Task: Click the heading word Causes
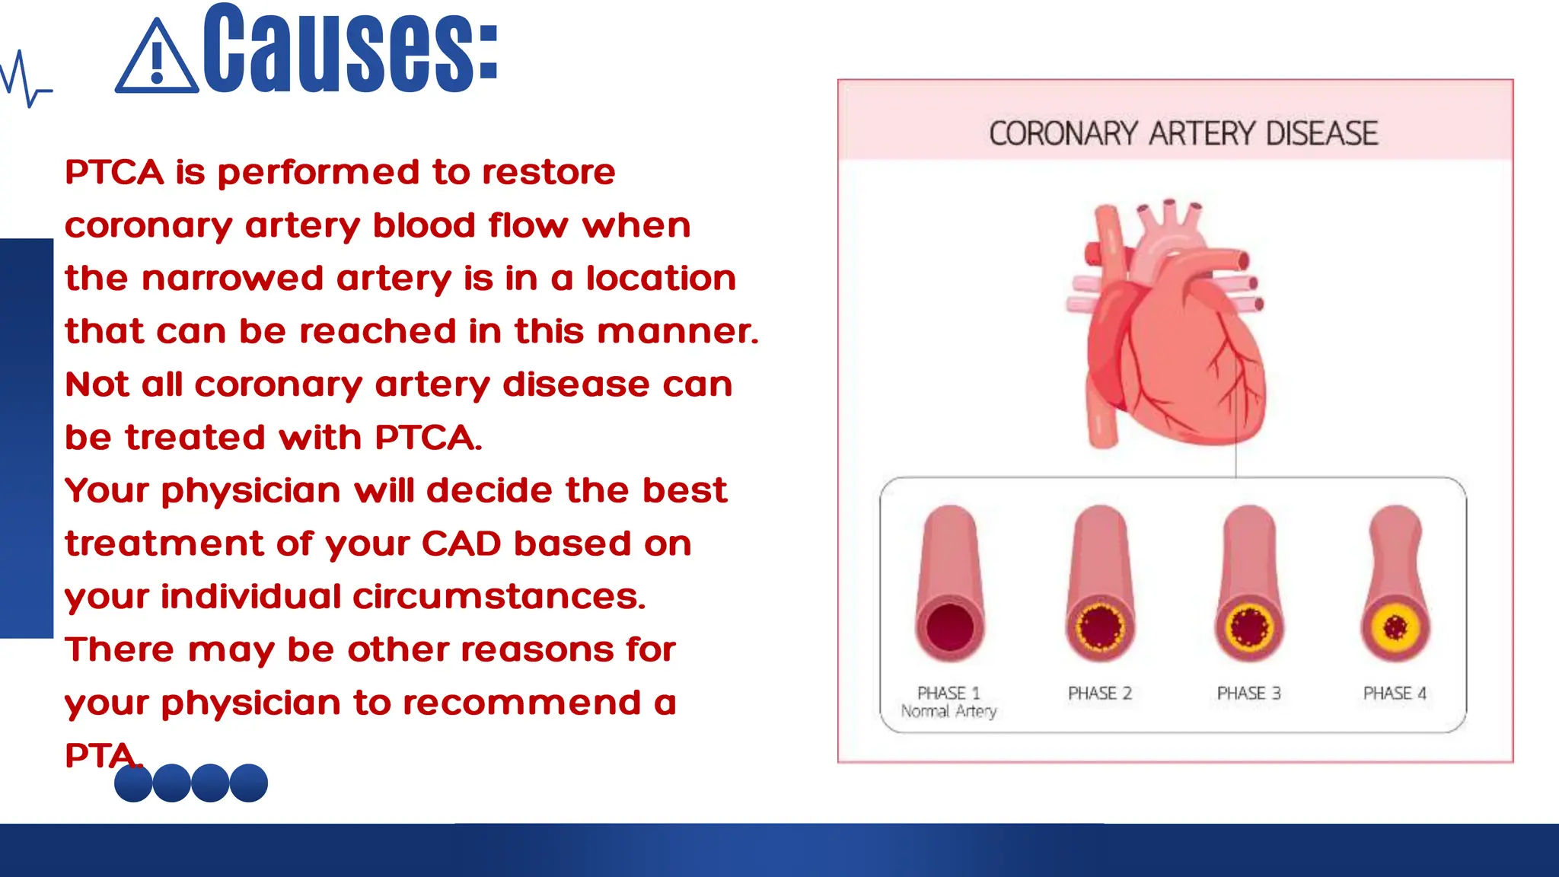[x=350, y=49]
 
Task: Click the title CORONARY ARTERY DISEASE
[x=1183, y=134]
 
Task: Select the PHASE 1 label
[x=948, y=693]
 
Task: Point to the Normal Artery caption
[x=948, y=711]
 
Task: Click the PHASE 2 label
[x=1099, y=693]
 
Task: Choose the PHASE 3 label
[x=1248, y=693]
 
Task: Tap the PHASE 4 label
[x=1395, y=693]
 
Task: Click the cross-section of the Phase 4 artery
[x=1395, y=628]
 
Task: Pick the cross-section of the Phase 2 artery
[x=1100, y=628]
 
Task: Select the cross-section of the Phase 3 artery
[x=1248, y=628]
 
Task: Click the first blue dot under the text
[x=133, y=783]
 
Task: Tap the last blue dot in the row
[x=249, y=783]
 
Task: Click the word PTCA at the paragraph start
[x=114, y=172]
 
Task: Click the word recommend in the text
[x=522, y=703]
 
